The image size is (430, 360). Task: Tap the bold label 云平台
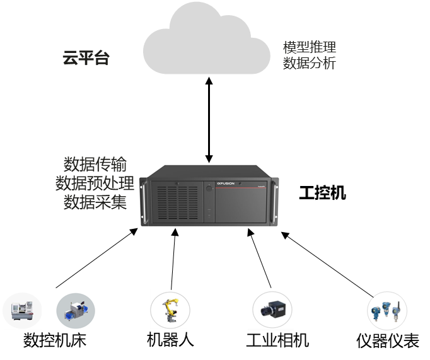pyautogui.click(x=86, y=59)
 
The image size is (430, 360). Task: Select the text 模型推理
pyautogui.click(x=310, y=47)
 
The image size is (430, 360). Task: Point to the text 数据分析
pyautogui.click(x=310, y=64)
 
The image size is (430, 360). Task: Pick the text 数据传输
pyautogui.click(x=95, y=166)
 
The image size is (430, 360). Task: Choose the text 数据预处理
pyautogui.click(x=95, y=184)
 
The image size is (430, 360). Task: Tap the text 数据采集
pyautogui.click(x=95, y=202)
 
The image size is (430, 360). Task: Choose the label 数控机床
pyautogui.click(x=54, y=341)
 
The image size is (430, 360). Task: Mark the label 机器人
pyautogui.click(x=170, y=340)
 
